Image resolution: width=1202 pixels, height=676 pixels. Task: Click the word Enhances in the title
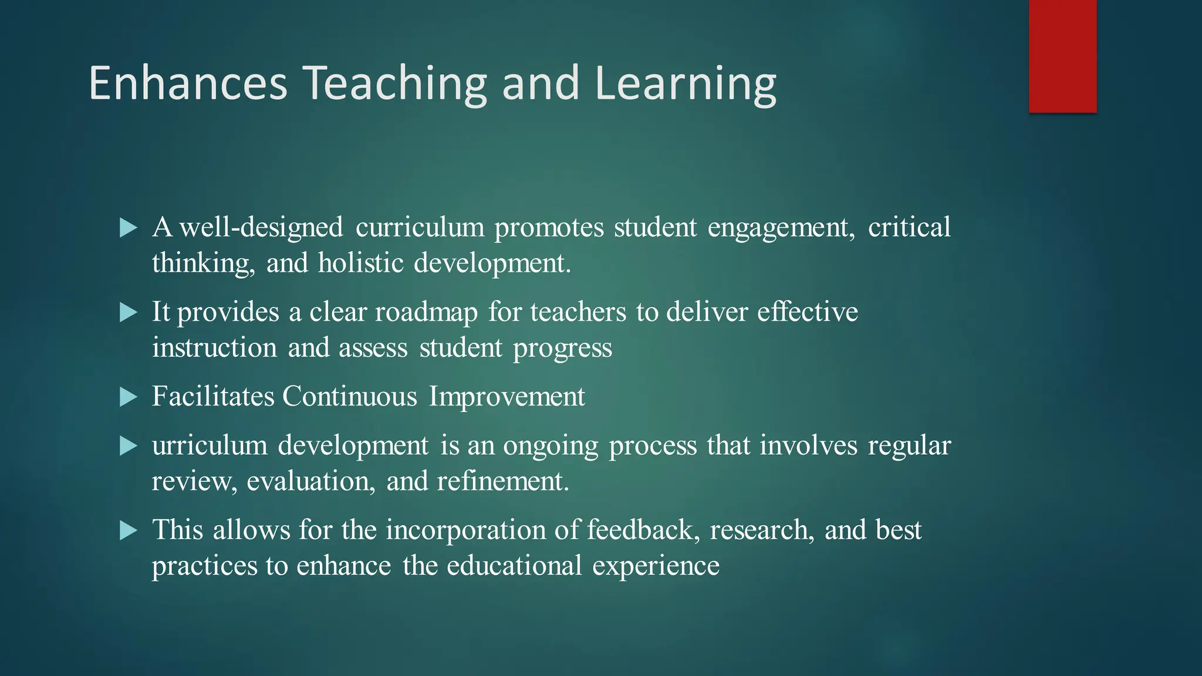[x=188, y=83]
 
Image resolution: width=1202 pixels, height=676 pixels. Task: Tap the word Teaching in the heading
[x=395, y=83]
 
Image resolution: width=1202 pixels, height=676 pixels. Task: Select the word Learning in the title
[x=685, y=83]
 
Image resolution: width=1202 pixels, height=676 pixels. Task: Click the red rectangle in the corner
[x=1062, y=56]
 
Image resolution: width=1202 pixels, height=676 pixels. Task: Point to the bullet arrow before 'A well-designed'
[x=128, y=228]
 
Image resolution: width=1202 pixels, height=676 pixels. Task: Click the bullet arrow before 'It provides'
[x=128, y=312]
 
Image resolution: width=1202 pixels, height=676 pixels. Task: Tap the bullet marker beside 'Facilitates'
[x=128, y=397]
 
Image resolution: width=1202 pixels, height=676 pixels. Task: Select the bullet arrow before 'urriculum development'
[x=128, y=446]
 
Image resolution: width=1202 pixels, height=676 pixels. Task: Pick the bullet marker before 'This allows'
[x=128, y=530]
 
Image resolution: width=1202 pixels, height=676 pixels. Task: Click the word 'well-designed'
[x=261, y=228]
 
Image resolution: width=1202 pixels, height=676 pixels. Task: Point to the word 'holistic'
[x=361, y=263]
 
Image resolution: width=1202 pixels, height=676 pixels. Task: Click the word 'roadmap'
[x=426, y=312]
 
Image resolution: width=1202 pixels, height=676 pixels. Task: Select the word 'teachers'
[x=578, y=312]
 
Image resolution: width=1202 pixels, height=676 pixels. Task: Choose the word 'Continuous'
[x=350, y=397]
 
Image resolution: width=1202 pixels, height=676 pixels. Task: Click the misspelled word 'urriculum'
[x=210, y=446]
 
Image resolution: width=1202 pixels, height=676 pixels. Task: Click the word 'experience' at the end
[x=656, y=566]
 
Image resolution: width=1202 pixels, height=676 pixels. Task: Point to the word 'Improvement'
[x=507, y=397]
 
